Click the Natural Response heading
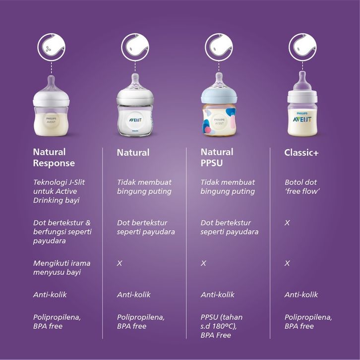click(x=54, y=158)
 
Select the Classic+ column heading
click(x=301, y=153)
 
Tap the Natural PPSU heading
click(x=217, y=158)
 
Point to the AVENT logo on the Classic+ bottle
click(x=302, y=120)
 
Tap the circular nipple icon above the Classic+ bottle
click(x=302, y=48)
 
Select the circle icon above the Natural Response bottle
click(x=52, y=48)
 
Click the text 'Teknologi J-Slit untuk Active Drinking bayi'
click(x=59, y=191)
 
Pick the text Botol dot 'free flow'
click(x=302, y=186)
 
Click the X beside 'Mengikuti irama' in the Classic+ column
click(x=287, y=263)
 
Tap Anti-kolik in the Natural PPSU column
click(x=217, y=295)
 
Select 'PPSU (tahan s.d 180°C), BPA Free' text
click(x=221, y=326)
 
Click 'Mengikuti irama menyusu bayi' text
click(x=62, y=268)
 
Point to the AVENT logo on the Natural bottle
click(x=135, y=120)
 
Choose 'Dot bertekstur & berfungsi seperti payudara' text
click(x=62, y=232)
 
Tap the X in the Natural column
click(x=120, y=263)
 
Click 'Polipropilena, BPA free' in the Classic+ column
click(x=308, y=322)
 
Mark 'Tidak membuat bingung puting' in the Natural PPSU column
click(x=228, y=186)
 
